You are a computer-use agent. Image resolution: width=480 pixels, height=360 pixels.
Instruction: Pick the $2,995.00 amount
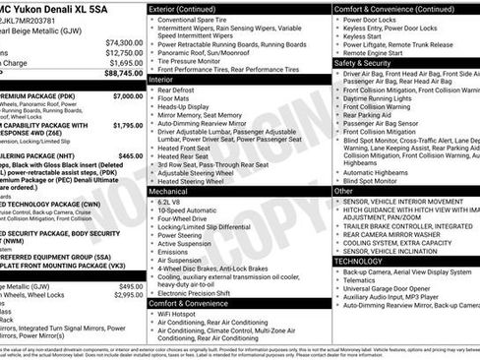[x=126, y=289]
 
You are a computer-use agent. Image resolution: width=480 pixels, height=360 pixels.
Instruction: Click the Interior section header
[x=163, y=79]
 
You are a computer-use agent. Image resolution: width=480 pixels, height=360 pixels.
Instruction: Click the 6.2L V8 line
[x=170, y=202]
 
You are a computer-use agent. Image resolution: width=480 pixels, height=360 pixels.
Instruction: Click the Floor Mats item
[x=174, y=98]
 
